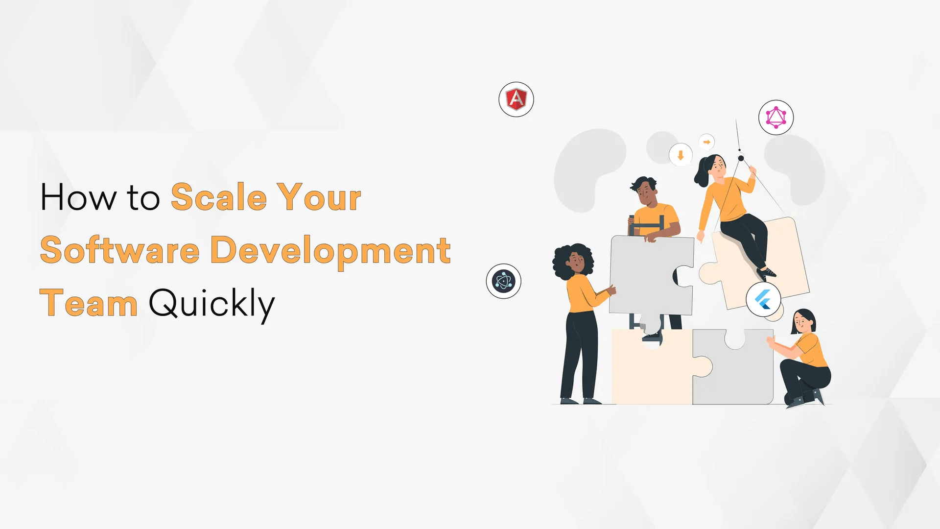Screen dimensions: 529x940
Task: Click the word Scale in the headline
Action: pyautogui.click(x=218, y=197)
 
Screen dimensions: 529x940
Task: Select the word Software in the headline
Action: pyautogui.click(x=119, y=250)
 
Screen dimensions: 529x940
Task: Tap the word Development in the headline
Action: pyautogui.click(x=330, y=250)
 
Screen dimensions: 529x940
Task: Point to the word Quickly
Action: pyautogui.click(x=211, y=304)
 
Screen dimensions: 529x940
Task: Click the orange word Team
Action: pyautogui.click(x=89, y=304)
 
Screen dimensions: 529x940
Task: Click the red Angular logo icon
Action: pyautogui.click(x=516, y=99)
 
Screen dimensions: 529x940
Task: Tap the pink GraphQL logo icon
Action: pyautogui.click(x=776, y=118)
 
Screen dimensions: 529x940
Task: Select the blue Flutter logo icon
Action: pyautogui.click(x=763, y=299)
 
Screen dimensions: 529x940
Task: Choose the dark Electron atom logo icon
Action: pyautogui.click(x=503, y=281)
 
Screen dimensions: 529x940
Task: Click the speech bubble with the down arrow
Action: pyautogui.click(x=680, y=155)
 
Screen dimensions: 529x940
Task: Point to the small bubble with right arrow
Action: pyautogui.click(x=706, y=142)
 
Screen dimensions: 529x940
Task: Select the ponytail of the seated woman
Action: pyautogui.click(x=701, y=174)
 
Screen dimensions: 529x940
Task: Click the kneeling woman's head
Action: pyautogui.click(x=803, y=322)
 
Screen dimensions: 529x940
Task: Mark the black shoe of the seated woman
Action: pyautogui.click(x=767, y=272)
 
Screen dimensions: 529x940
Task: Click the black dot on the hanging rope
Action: pyautogui.click(x=741, y=158)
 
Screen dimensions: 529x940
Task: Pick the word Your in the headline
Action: pyautogui.click(x=319, y=197)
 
